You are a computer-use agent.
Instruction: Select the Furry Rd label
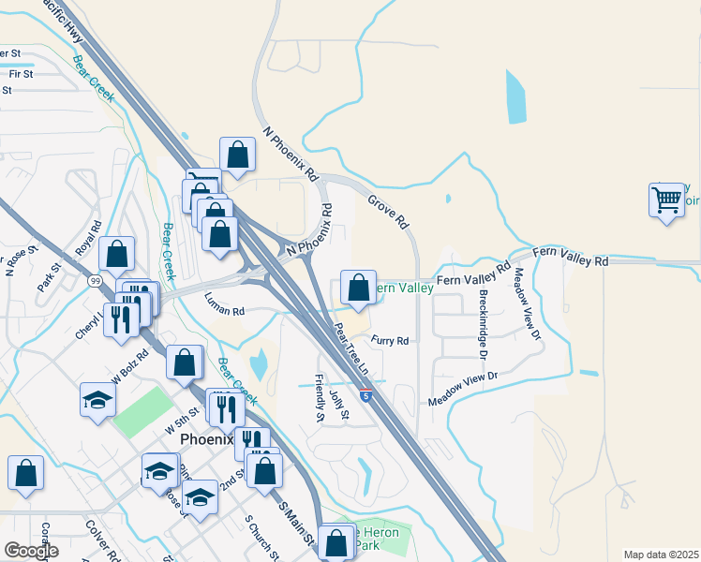(390, 341)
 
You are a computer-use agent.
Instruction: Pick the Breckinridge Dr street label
(482, 324)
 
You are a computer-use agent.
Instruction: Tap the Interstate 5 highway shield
(365, 396)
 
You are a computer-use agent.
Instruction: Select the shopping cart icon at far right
(666, 200)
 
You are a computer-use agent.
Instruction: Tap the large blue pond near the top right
(515, 97)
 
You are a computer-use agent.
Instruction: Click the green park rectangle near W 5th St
(138, 411)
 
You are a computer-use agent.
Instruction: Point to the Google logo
(30, 551)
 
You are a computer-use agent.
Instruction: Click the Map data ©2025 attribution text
(661, 555)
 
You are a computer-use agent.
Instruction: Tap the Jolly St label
(339, 404)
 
